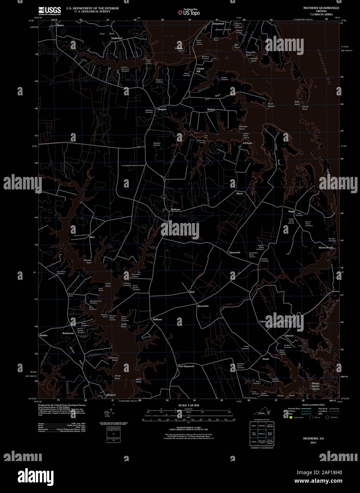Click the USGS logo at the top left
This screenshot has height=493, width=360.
[50, 10]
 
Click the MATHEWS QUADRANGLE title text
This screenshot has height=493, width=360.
[321, 7]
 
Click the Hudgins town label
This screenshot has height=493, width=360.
[162, 110]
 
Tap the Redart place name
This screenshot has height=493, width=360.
[211, 110]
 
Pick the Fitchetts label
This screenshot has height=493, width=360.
[248, 143]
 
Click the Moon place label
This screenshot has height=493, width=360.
[240, 194]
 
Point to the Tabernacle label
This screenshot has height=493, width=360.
[234, 252]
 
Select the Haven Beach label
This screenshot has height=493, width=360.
[326, 248]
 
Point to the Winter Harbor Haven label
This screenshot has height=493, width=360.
[315, 386]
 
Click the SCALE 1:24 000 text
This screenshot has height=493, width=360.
[189, 405]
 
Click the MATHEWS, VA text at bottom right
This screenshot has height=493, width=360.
[312, 438]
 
